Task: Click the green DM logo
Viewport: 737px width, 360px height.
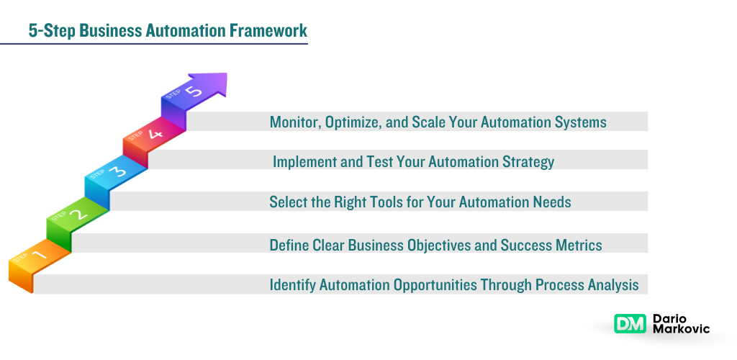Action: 630,324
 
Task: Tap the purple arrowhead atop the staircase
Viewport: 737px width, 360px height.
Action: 213,84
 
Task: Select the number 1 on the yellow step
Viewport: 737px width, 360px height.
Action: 39,255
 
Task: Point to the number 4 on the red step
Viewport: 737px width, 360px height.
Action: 154,132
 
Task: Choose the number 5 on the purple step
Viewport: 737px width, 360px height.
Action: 192,91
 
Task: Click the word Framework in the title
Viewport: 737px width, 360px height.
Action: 269,30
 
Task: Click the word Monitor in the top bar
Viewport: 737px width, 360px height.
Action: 294,122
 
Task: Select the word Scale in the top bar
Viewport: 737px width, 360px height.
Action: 429,122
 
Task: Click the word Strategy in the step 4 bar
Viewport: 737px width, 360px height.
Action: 527,162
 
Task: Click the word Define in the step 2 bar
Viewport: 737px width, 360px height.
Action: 289,246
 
